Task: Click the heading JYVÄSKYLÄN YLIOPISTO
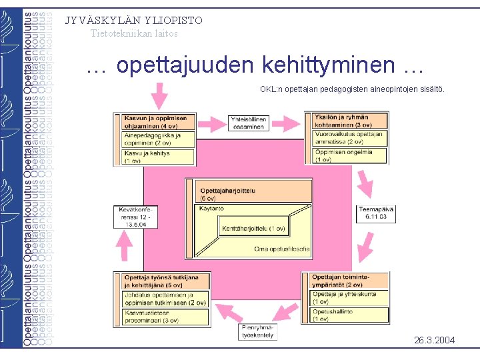point(133,20)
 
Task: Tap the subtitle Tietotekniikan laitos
point(134,33)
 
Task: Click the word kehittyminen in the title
point(329,65)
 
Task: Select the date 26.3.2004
point(435,341)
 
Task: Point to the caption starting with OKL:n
point(352,89)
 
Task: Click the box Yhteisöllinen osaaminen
point(248,123)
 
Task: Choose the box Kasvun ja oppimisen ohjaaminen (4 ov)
point(159,121)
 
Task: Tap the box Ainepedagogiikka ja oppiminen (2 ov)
point(159,139)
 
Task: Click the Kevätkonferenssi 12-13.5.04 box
point(135,216)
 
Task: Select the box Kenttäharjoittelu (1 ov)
point(254,229)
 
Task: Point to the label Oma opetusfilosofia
point(281,249)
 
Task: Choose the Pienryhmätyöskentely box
point(259,331)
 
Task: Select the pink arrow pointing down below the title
point(159,96)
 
